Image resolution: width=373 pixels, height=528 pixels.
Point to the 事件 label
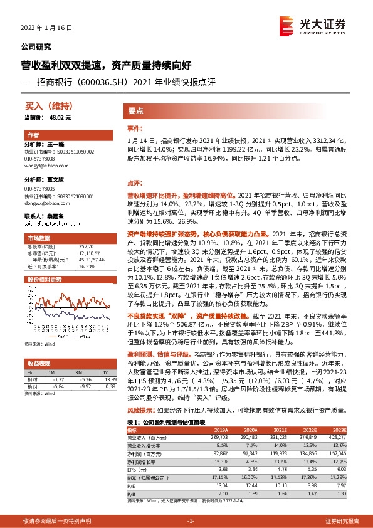(x=134, y=129)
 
